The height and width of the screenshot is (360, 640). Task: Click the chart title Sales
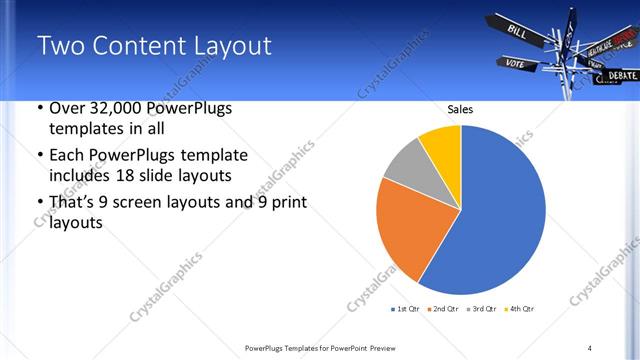(460, 110)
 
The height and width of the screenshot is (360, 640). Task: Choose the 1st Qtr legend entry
(405, 308)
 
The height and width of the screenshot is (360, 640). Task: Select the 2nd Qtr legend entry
(443, 308)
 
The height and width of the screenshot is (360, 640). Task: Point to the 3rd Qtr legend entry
(482, 308)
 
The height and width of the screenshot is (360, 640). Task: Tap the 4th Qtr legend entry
(520, 308)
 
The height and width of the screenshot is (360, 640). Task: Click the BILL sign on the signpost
(518, 31)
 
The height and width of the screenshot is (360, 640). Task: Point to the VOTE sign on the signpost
(515, 64)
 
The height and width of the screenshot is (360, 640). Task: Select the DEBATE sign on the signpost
(620, 75)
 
